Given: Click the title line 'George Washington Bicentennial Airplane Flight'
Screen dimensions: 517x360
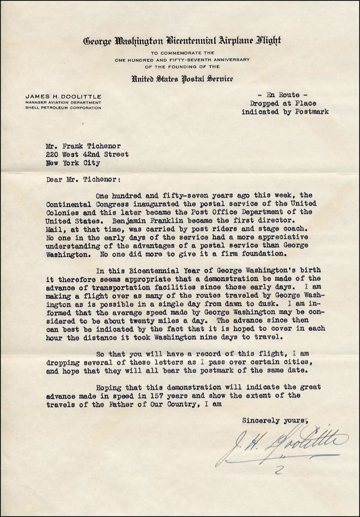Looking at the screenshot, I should tap(182, 41).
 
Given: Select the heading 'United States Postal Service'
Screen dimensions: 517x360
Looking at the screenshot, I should tap(182, 79).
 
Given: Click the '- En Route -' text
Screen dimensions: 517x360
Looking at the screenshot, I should tap(281, 95).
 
